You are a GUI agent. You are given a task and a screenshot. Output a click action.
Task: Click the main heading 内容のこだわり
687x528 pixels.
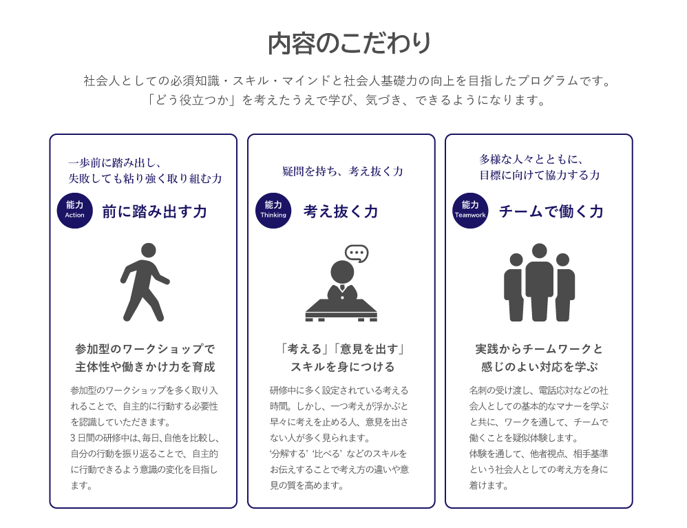[x=350, y=43]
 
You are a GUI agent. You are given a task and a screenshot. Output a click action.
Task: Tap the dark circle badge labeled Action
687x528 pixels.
[x=74, y=210]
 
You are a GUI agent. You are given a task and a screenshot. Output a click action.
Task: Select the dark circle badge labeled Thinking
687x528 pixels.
[x=273, y=210]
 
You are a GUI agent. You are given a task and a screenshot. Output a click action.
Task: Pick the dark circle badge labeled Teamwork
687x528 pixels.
[x=470, y=210]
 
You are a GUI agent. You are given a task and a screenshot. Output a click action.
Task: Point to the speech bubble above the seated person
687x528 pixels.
[x=357, y=253]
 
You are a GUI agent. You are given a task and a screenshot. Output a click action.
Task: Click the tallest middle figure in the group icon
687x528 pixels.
[x=540, y=282]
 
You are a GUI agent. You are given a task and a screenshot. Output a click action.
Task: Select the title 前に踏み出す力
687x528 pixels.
[x=154, y=211]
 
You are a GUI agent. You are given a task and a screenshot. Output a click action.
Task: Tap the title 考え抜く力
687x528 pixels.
[x=341, y=211]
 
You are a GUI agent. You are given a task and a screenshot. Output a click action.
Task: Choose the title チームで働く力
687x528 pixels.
[x=551, y=211]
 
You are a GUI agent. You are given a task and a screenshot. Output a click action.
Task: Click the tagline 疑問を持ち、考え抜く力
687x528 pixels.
[x=343, y=171]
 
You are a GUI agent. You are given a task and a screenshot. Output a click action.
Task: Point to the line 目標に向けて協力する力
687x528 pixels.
[x=540, y=176]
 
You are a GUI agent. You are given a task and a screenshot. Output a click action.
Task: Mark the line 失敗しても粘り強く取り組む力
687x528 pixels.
[x=145, y=179]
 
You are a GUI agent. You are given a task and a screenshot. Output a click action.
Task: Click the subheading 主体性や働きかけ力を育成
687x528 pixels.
[x=145, y=367]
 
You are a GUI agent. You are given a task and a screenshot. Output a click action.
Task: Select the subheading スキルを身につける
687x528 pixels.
[x=343, y=367]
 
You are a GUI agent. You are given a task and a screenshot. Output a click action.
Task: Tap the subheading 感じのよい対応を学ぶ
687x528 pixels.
[x=540, y=367]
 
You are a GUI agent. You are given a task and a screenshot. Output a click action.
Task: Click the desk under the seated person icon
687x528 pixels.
[x=341, y=308]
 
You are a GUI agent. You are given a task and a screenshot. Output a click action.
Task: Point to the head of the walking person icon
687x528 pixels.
[x=149, y=251]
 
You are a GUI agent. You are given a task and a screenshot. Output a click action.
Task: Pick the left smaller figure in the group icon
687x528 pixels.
[x=514, y=286]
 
